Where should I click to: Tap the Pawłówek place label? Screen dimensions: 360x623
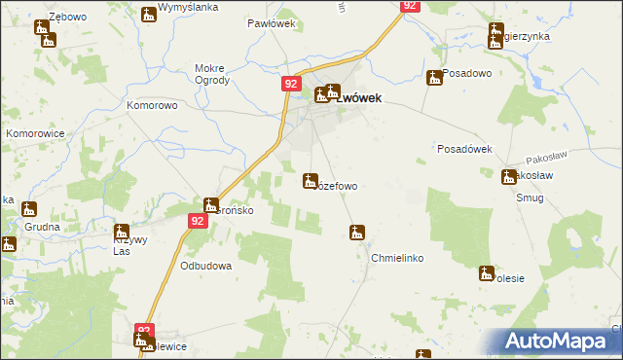[x=265, y=22]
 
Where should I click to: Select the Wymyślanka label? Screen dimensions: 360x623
[x=190, y=7]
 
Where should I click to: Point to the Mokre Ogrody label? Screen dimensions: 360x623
[x=212, y=75]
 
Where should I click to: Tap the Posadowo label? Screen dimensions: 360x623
[x=466, y=73]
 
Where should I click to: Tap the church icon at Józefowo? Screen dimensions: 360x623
[x=311, y=181]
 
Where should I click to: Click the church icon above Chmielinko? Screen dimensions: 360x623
[x=357, y=233]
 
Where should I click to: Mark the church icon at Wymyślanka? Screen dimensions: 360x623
[x=148, y=14]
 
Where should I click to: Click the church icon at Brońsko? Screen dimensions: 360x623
[x=211, y=205]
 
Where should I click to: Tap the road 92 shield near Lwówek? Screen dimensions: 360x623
[x=291, y=85]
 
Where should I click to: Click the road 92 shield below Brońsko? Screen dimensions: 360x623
[x=197, y=221]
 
